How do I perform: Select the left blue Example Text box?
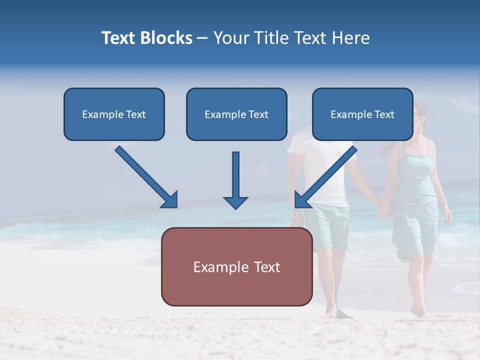point(114,114)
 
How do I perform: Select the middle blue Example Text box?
point(236,114)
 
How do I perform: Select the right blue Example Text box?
point(362,114)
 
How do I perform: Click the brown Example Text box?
point(236,267)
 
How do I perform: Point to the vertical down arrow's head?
point(235,202)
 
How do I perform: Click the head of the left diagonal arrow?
point(170,200)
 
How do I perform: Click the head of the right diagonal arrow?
point(301,200)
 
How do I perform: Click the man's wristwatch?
point(295,214)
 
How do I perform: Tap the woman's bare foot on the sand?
point(418,311)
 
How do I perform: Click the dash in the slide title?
point(202,38)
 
